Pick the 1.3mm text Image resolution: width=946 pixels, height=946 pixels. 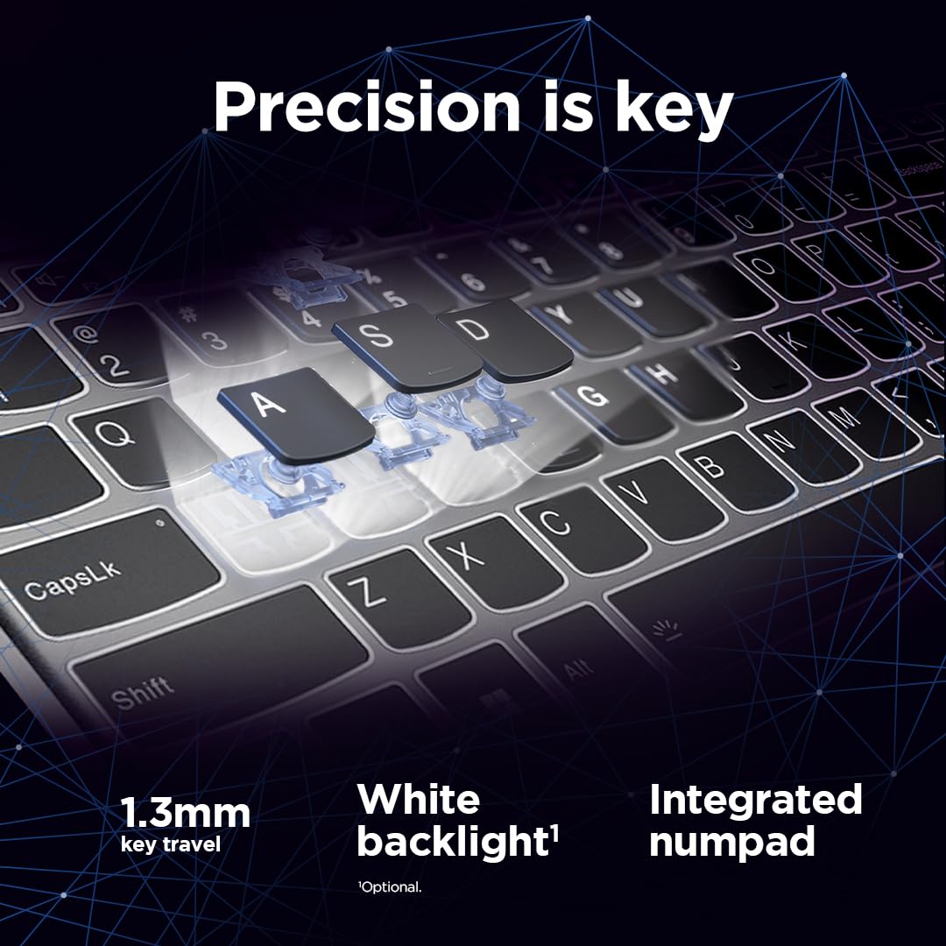(185, 814)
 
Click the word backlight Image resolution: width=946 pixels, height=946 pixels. (450, 842)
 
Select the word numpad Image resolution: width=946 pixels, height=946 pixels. (731, 842)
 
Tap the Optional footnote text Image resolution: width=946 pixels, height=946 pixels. (389, 887)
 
